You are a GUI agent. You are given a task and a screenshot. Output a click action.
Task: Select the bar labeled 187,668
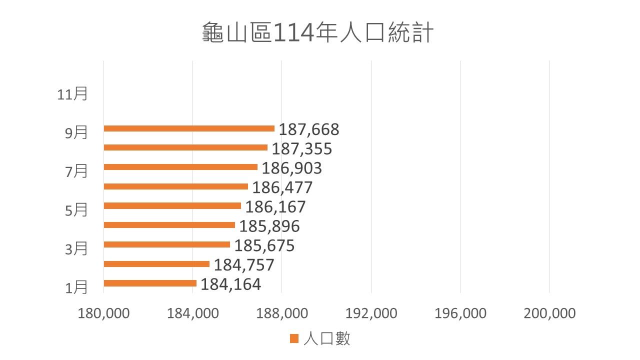pos(189,128)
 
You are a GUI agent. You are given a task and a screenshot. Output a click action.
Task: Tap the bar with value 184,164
pos(150,283)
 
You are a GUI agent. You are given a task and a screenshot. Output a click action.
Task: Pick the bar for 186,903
pos(180,167)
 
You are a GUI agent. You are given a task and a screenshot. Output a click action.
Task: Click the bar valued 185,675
pos(167,244)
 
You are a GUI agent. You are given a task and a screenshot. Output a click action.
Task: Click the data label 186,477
pos(282,187)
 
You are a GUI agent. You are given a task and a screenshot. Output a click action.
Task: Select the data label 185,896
pos(269,226)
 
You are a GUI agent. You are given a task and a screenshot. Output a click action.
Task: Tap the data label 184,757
pos(244,265)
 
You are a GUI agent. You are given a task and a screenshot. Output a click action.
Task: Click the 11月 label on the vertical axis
pos(72,94)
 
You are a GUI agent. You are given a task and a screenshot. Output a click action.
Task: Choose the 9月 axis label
pos(76,133)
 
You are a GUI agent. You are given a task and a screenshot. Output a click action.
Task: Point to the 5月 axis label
pos(76,210)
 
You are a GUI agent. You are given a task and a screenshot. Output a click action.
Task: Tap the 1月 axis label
pos(76,287)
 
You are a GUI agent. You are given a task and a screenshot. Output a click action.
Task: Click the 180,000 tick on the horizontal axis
pos(104,313)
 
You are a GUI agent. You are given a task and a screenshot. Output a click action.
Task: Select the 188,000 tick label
pos(282,313)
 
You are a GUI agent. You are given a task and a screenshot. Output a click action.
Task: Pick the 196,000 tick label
pos(460,313)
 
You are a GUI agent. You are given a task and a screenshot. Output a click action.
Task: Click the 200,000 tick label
pos(549,313)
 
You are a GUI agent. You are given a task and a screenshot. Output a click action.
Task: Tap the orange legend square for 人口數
pos(294,339)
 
